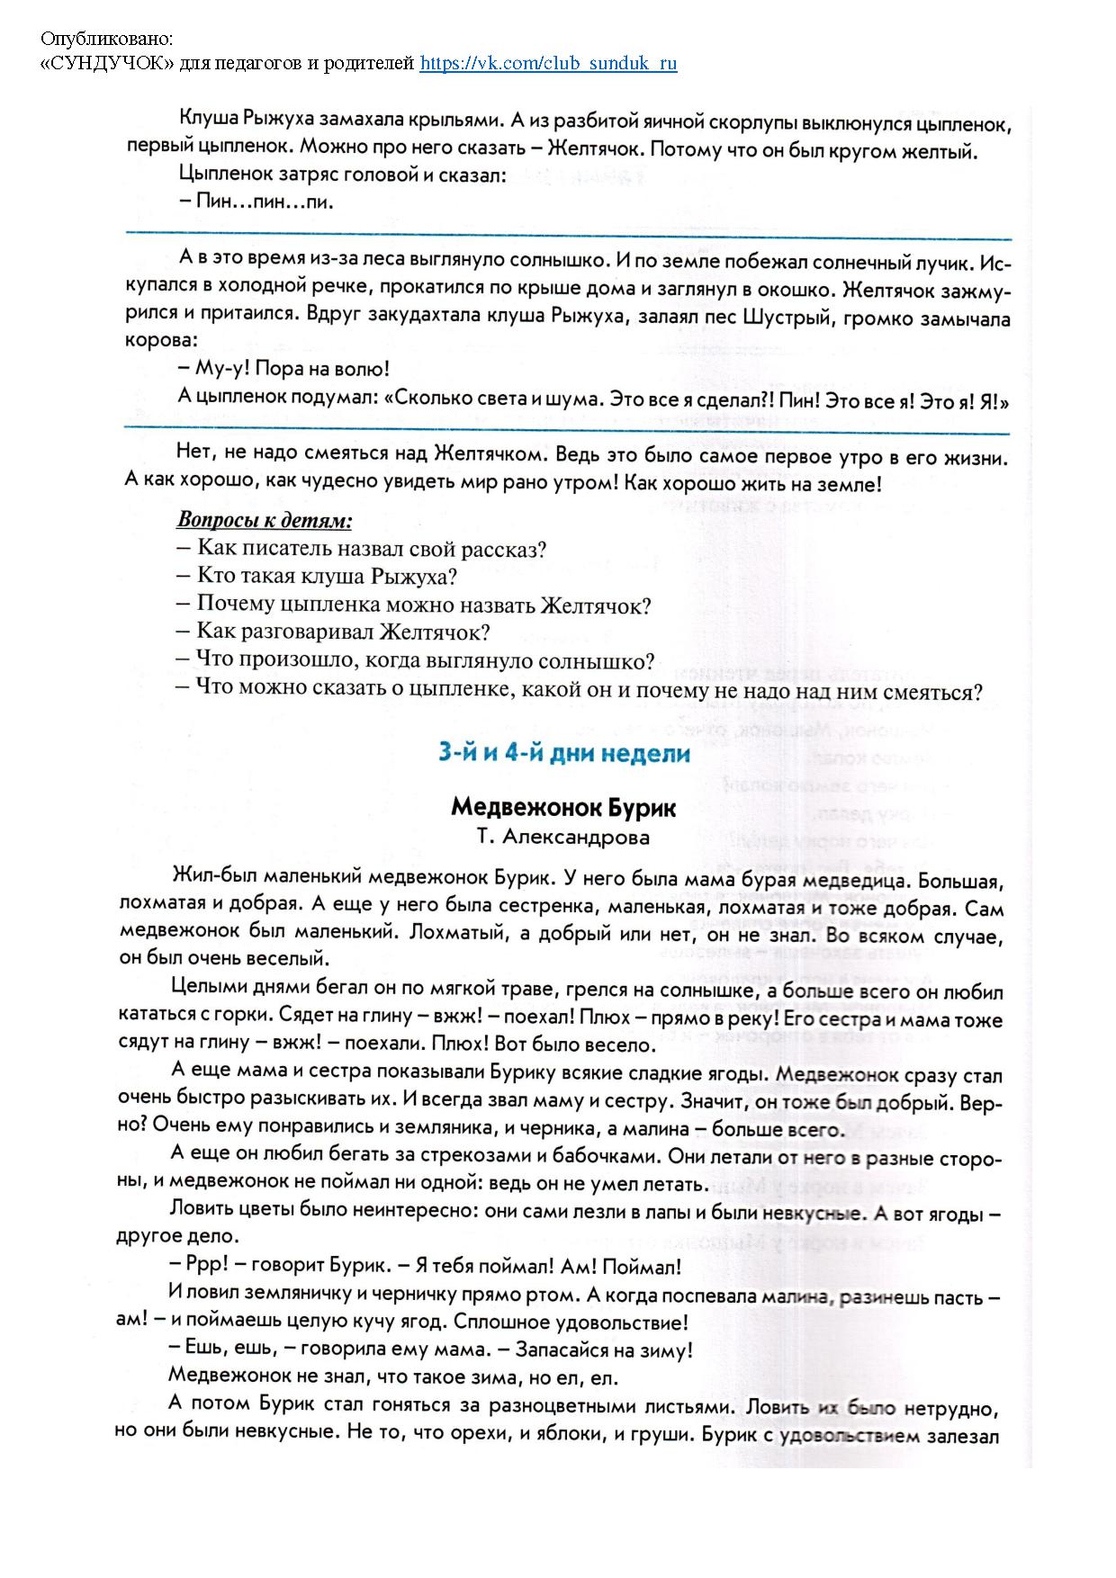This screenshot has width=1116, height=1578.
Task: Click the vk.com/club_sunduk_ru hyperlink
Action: point(548,63)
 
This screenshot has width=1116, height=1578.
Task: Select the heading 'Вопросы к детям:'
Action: point(264,521)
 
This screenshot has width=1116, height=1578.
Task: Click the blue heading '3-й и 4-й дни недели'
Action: point(563,753)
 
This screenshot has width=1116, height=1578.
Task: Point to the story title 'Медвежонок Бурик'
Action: point(563,807)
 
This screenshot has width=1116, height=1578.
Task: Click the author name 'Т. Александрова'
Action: point(563,838)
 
